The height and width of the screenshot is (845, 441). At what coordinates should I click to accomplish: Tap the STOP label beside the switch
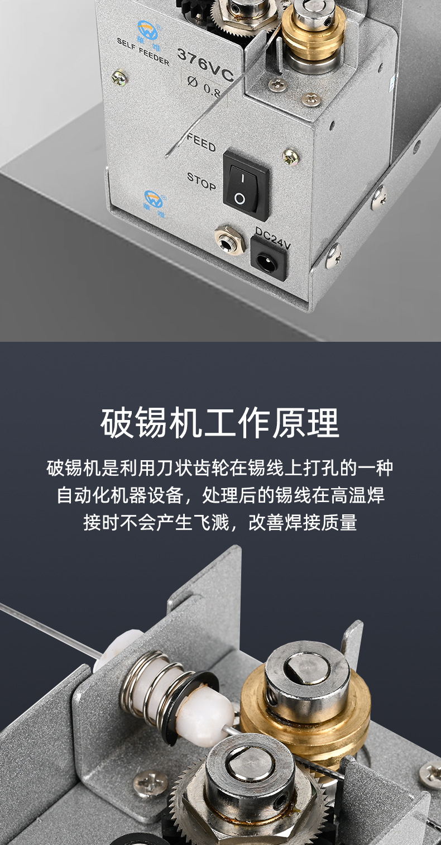tap(201, 181)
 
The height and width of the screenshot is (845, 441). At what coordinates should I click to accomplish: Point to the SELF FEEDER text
tap(143, 50)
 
